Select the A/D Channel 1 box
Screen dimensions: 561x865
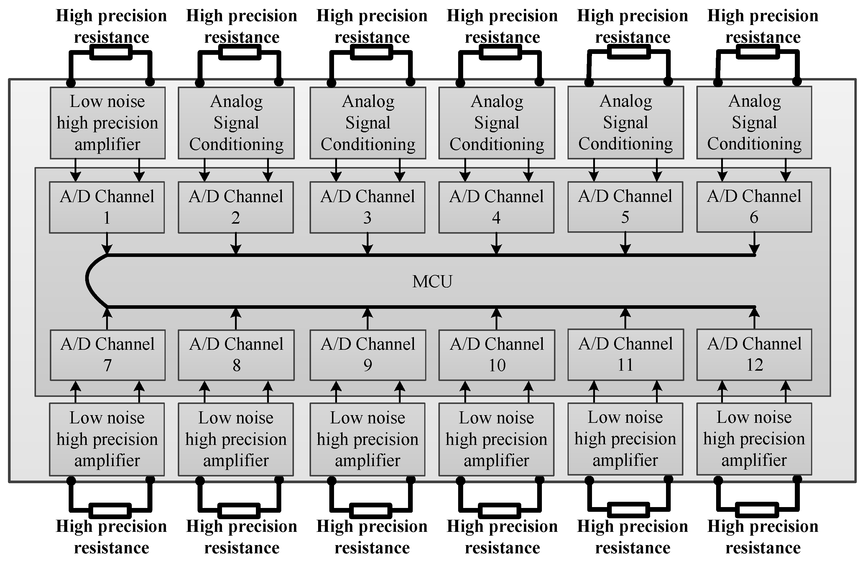[107, 207]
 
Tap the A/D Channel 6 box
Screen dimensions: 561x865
[754, 207]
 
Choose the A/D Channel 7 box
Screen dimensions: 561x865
[108, 355]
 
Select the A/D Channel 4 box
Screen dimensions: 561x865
[496, 207]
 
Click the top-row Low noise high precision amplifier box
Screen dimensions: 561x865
[108, 123]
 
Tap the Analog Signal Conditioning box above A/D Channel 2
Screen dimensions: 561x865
[236, 123]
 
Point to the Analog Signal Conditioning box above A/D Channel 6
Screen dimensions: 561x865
[754, 123]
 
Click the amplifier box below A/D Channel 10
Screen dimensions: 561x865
[496, 439]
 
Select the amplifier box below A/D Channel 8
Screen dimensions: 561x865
[236, 439]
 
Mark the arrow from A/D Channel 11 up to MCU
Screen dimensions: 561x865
[625, 318]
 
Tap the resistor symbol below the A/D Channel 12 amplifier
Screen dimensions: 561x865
[757, 510]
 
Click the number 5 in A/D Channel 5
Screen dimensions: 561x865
[625, 217]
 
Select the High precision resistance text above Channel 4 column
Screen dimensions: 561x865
[502, 26]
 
